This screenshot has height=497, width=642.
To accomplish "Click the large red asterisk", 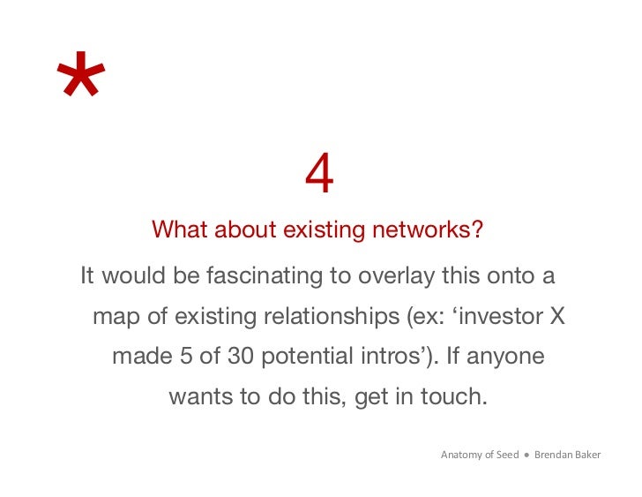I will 80,77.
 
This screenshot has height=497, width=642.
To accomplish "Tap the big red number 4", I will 319,175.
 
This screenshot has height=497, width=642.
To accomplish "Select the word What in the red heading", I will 180,230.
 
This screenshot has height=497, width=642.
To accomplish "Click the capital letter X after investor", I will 556,317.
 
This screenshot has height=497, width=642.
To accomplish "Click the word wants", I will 202,397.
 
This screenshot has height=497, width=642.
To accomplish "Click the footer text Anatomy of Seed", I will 479,456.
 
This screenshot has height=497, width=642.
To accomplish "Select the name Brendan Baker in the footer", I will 567,456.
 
